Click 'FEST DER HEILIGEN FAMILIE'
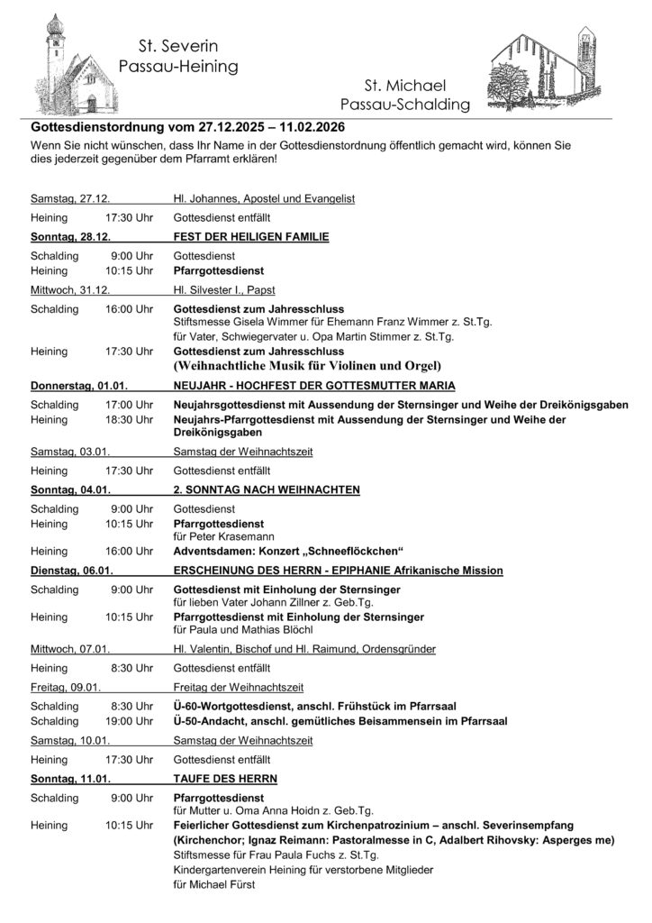[x=250, y=237]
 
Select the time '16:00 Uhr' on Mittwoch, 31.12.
[x=129, y=308]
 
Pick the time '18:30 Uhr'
[x=129, y=420]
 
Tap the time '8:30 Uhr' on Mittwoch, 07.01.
[x=132, y=668]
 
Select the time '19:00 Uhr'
[x=129, y=721]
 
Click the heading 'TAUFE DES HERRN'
[x=225, y=778]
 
